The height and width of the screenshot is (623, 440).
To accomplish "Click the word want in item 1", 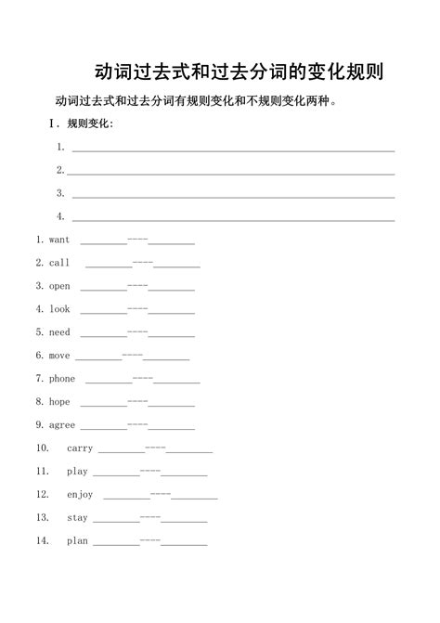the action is [x=59, y=240].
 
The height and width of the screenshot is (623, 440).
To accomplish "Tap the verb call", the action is [x=59, y=263].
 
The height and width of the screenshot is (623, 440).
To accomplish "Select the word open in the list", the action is [x=59, y=286].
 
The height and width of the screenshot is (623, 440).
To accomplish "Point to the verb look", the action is [x=59, y=309].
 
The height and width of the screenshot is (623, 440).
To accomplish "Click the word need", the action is [x=59, y=332].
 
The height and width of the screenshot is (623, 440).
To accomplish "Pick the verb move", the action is [x=59, y=356].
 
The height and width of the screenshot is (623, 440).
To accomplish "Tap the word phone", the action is [x=62, y=379].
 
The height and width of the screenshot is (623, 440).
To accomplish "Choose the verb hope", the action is [x=59, y=402].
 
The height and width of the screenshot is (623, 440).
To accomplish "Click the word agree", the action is [x=62, y=425].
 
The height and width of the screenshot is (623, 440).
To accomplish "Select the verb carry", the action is [x=80, y=448].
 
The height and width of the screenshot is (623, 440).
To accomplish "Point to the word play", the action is [x=77, y=472].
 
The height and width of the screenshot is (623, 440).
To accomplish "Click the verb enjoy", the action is [x=80, y=495].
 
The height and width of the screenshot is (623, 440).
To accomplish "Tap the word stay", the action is [x=77, y=518].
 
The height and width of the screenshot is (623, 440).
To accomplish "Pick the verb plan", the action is [x=77, y=541].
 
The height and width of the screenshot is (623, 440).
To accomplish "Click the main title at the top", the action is [x=239, y=72].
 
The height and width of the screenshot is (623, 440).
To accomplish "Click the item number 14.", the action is [x=43, y=541].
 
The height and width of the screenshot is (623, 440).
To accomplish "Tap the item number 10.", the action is [x=43, y=448].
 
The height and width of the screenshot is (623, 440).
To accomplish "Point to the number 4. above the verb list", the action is [x=60, y=216].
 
